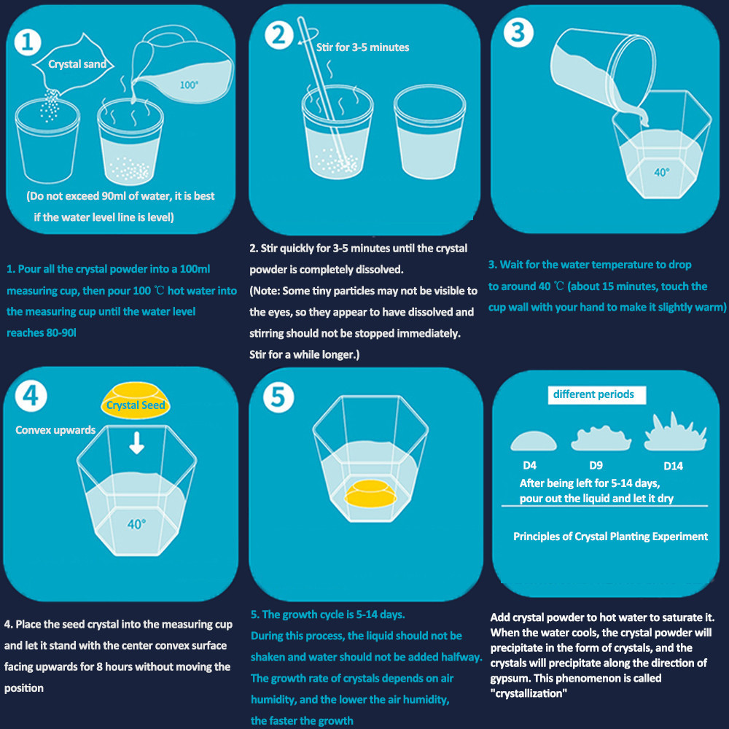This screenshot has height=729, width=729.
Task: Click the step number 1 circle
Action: point(28,42)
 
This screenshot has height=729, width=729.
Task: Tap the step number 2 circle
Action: point(279,35)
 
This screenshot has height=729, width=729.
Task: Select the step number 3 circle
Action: point(518,33)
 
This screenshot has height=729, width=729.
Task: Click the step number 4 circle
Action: point(31,396)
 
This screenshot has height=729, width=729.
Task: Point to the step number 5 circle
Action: point(278,397)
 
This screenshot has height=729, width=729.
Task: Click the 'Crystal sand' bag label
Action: point(77,64)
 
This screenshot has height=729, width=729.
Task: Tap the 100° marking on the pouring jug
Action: point(189,85)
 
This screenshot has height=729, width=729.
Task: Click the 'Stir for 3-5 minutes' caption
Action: point(362,47)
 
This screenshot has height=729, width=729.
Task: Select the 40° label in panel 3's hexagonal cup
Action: point(662,173)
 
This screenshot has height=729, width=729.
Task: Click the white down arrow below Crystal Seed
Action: point(137,443)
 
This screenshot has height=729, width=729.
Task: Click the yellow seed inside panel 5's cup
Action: point(370,494)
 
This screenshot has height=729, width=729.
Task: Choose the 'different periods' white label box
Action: point(596,394)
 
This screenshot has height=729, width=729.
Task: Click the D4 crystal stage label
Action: point(529,465)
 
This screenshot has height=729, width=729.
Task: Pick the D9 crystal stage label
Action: point(596,465)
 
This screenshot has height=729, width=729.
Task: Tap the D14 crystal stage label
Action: point(673,466)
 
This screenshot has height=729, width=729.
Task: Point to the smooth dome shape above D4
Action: point(534,442)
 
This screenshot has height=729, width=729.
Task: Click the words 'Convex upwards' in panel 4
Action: point(55,430)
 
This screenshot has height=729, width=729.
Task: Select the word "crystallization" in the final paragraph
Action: point(529,693)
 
